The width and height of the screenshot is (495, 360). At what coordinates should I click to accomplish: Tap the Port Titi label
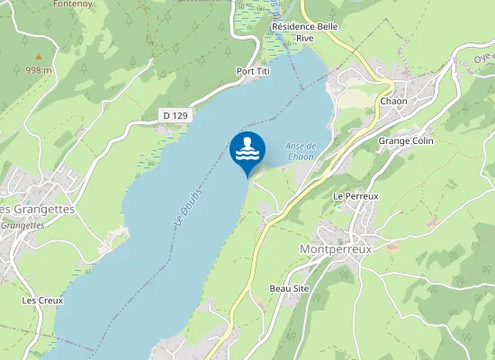click(x=254, y=71)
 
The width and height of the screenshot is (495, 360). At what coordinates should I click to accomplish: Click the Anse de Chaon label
click(x=300, y=151)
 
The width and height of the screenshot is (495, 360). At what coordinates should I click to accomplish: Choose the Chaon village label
click(x=393, y=101)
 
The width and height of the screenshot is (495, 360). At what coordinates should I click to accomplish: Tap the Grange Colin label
click(x=406, y=141)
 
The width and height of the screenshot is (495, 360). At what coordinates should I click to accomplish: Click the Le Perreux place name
click(x=355, y=195)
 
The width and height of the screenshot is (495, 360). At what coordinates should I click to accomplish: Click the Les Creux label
click(x=42, y=300)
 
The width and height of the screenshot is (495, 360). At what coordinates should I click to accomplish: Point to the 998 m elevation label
click(x=38, y=69)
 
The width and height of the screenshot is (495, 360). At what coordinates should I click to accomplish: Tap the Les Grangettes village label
click(x=36, y=209)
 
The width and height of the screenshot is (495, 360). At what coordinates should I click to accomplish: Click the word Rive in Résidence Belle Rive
click(x=303, y=38)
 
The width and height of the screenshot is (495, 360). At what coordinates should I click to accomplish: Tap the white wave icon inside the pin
click(x=247, y=148)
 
